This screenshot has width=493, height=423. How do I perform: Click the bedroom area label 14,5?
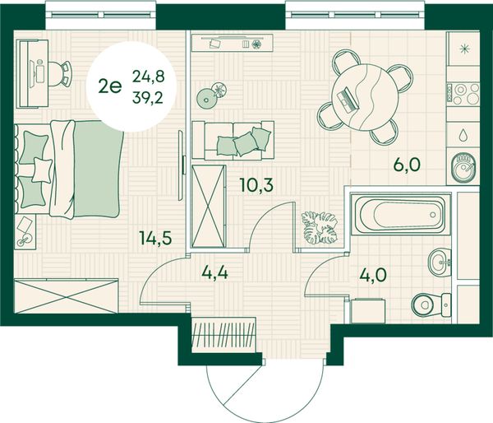coord(156,238)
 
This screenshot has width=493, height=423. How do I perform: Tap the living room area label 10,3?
coord(256,184)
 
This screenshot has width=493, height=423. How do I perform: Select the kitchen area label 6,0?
coord(407,165)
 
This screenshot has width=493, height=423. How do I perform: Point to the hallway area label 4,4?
coord(214,272)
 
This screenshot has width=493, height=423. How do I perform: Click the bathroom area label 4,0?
coord(373,276)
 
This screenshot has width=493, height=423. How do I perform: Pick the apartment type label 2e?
coord(110,86)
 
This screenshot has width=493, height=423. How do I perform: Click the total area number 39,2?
coord(148,98)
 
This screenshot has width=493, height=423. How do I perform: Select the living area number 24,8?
coord(149,77)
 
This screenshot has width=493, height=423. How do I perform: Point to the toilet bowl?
coord(431,304)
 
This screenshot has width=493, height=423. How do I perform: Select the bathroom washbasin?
coord(440,263)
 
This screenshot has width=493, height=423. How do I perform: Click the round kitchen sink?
coord(464,168)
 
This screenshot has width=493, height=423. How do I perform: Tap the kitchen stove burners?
coord(463,94)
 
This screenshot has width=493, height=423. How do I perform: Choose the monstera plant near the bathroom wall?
coord(319,228)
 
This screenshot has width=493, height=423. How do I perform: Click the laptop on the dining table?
coord(348,100)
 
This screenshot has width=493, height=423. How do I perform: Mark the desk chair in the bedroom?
coord(60,74)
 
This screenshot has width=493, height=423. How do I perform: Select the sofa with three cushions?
coord(233,140)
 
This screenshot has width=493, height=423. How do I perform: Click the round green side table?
coord(206,100)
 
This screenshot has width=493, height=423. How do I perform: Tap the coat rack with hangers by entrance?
coord(223,335)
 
